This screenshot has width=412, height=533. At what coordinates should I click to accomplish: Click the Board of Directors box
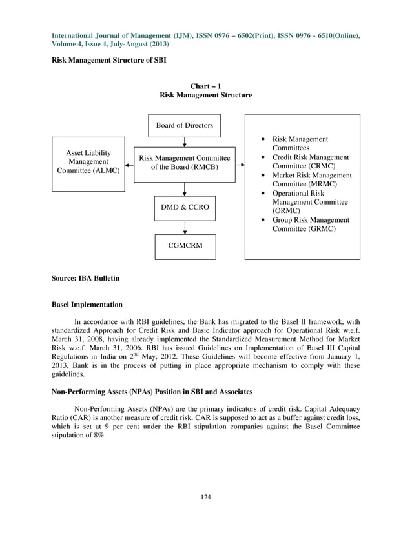184,125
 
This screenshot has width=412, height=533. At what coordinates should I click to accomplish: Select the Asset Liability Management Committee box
88,163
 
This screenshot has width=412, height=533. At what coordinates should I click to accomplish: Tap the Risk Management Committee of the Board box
185,163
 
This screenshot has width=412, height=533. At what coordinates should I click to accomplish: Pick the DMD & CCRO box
185,208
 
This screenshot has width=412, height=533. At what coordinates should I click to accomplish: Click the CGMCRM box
185,246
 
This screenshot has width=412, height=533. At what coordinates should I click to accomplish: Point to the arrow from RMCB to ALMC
129,165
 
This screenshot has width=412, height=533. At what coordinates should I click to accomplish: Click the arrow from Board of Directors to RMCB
185,142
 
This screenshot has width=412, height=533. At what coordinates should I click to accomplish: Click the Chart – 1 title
205,86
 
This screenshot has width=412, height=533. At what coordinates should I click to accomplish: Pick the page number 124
205,497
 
